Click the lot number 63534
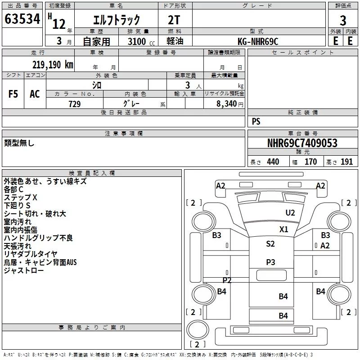click(x=22, y=19)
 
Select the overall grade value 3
click(x=343, y=21)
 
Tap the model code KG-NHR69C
click(x=258, y=41)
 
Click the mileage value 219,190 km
click(x=53, y=65)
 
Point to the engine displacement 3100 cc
click(x=141, y=41)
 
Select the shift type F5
click(x=13, y=94)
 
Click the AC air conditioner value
click(x=35, y=94)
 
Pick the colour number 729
click(x=75, y=104)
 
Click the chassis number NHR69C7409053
click(x=302, y=143)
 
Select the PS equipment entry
click(x=256, y=121)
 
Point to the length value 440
click(x=273, y=162)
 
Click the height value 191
click(x=346, y=162)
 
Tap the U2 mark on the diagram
click(x=290, y=213)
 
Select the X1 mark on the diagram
click(x=284, y=229)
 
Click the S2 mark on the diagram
click(x=270, y=243)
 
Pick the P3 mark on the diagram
click(x=270, y=262)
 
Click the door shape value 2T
click(x=174, y=20)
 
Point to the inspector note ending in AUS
click(x=40, y=262)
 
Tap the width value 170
click(x=310, y=162)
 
